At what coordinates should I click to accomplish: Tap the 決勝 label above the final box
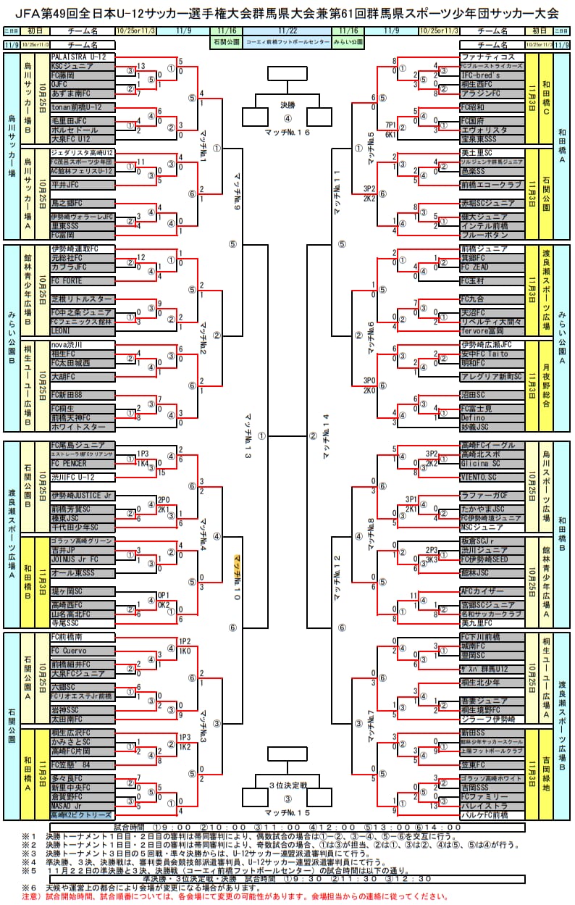click(288, 105)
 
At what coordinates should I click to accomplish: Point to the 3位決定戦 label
click(288, 785)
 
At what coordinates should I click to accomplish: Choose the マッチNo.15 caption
click(287, 812)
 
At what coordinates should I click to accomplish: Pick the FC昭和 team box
click(492, 107)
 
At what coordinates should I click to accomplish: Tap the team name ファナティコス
click(492, 57)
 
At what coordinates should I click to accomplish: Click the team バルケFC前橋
click(492, 815)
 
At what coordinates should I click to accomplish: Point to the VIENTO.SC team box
click(492, 477)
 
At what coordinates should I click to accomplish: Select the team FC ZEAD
click(492, 267)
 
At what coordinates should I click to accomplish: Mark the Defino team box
click(492, 418)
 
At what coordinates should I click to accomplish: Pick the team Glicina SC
click(492, 463)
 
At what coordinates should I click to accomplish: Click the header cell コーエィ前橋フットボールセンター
click(287, 43)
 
